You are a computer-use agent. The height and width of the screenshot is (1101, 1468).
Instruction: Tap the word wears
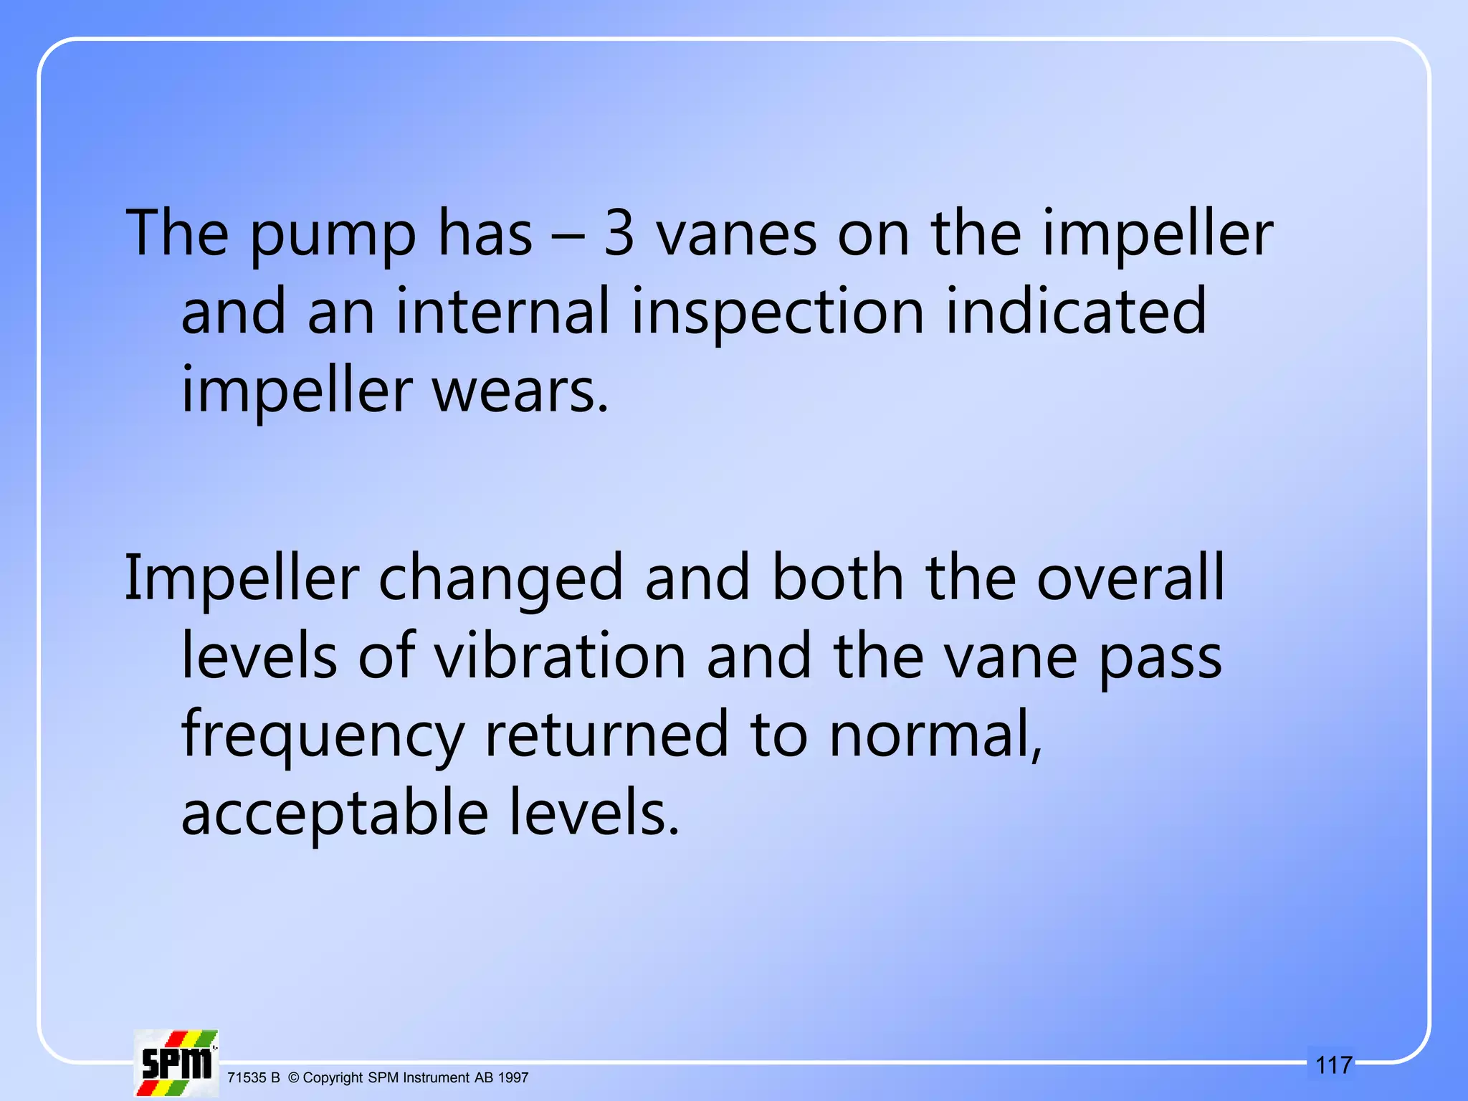point(520,391)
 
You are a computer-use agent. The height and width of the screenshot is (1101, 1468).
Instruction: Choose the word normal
point(935,737)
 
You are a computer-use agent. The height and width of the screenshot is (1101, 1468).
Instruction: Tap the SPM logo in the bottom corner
point(176,1062)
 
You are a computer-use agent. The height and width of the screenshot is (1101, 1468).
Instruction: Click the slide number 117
point(1334,1065)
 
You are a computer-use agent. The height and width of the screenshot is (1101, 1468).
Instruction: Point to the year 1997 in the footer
point(513,1077)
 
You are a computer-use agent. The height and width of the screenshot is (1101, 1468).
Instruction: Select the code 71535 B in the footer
point(253,1077)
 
